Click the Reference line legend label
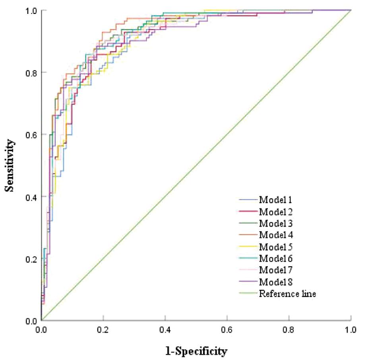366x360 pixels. click(x=287, y=294)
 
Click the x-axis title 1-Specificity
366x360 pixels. click(x=196, y=351)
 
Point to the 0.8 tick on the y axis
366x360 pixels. click(x=30, y=72)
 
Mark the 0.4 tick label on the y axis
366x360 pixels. click(x=30, y=197)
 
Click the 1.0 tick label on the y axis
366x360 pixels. click(x=30, y=10)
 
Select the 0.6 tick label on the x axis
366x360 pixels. click(x=227, y=330)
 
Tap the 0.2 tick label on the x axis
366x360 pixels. click(x=103, y=330)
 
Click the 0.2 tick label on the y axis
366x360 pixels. click(x=30, y=259)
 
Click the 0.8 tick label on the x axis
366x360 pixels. click(x=289, y=330)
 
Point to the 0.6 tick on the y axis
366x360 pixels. click(x=30, y=134)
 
